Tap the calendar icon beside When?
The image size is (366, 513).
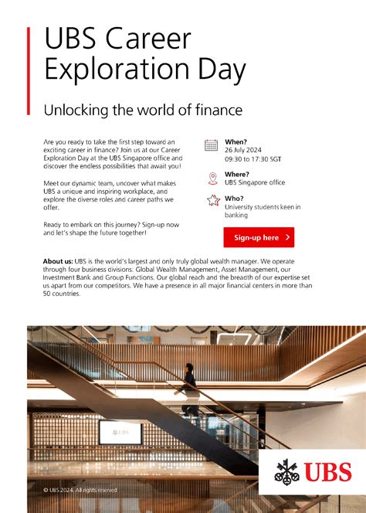pyautogui.click(x=212, y=145)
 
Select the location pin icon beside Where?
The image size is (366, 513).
pyautogui.click(x=212, y=178)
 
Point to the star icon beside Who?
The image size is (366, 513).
pyautogui.click(x=212, y=202)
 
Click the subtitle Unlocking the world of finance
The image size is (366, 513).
pyautogui.click(x=143, y=110)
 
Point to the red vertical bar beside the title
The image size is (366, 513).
pyautogui.click(x=29, y=70)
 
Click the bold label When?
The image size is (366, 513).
pyautogui.click(x=236, y=141)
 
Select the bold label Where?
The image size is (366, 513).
pyautogui.click(x=237, y=175)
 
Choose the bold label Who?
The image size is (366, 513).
pyautogui.click(x=234, y=199)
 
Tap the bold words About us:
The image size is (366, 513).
pyautogui.click(x=58, y=260)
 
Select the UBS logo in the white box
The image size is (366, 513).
pyautogui.click(x=313, y=471)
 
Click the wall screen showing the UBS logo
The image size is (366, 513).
pyautogui.click(x=120, y=432)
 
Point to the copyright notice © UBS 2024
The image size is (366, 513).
pyautogui.click(x=80, y=490)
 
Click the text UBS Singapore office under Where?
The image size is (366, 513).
pyautogui.click(x=255, y=183)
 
